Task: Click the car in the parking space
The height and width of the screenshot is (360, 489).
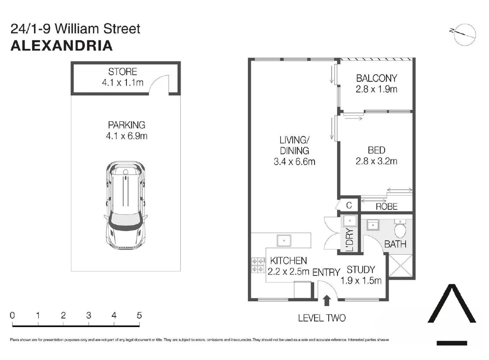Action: pos(125,207)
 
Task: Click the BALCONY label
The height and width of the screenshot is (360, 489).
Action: pos(376,78)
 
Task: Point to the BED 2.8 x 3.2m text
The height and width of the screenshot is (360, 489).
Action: pos(376,156)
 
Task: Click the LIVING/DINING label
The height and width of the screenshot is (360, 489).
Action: pos(294,151)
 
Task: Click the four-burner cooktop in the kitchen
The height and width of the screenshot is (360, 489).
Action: pos(258,265)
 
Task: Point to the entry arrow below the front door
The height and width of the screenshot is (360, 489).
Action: pos(326,301)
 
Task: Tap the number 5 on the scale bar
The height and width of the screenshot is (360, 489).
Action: pos(139,315)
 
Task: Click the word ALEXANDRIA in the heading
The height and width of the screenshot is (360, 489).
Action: pos(61,45)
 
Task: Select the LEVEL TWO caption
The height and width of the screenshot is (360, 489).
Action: pos(322,318)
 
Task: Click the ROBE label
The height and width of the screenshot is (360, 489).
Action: pos(386,206)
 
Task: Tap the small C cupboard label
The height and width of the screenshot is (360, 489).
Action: pos(348,205)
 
